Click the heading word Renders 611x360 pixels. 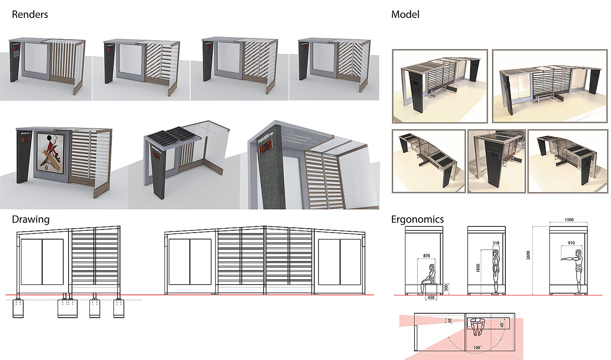coord(30,14)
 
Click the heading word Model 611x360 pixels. coord(405,14)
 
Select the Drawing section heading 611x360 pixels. coord(31,219)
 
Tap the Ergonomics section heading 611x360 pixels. coord(417,219)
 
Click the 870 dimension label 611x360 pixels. coord(427,256)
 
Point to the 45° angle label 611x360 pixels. coord(502,324)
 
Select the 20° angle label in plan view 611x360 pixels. coord(450,321)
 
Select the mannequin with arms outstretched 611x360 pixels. coord(575,271)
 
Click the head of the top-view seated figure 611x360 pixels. coord(478,321)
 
